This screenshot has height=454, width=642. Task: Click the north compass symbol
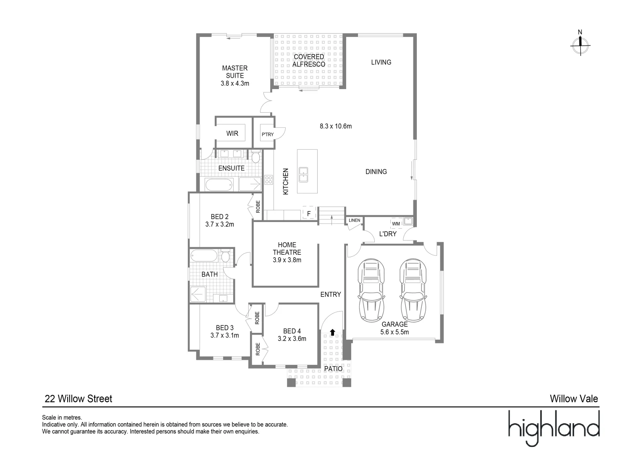coord(580,45)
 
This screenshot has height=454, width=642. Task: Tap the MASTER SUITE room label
coord(234,71)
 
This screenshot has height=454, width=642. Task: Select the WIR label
coord(232,133)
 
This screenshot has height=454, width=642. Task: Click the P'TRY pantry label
coord(267,135)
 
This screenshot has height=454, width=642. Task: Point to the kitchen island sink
coord(303,174)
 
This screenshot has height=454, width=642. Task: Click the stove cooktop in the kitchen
coord(268,180)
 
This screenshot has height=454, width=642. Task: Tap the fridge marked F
coord(309,214)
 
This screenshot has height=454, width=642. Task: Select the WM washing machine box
coord(396,223)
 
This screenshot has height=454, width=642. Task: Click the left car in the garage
coord(371,290)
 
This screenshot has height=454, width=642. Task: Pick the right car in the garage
coord(413,290)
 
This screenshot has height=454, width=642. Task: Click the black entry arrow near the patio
coord(332,333)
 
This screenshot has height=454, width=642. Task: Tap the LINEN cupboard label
coord(354,220)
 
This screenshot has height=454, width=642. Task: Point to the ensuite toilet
coord(255,157)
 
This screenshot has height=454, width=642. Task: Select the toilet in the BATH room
coord(225,256)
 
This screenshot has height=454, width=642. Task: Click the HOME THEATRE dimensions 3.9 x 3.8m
coord(287,260)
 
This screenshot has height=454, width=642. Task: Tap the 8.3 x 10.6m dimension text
coord(335,126)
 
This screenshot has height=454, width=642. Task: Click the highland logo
coord(553,428)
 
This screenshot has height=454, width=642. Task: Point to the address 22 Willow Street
coord(78,399)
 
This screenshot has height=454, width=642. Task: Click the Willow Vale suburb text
coord(574,399)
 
